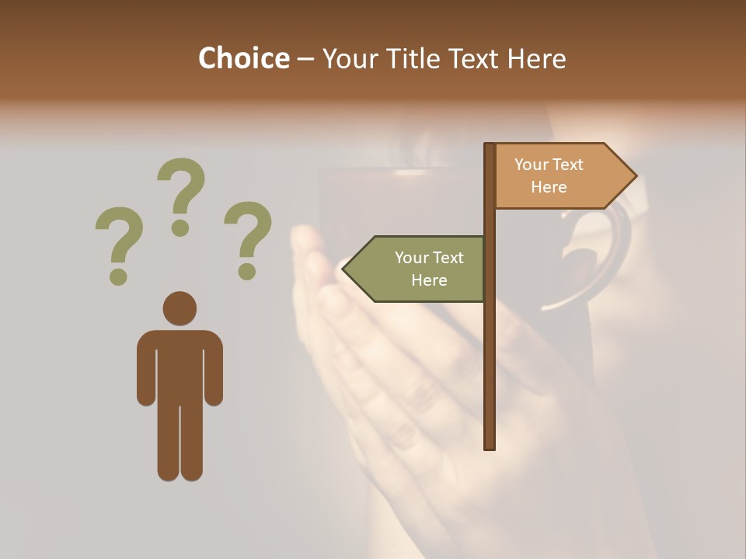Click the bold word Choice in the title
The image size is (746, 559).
click(x=243, y=58)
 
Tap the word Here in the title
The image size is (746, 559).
click(x=536, y=58)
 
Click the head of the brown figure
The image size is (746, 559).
click(x=180, y=308)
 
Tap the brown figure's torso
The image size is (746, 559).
click(x=180, y=365)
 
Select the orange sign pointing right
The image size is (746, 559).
click(x=556, y=176)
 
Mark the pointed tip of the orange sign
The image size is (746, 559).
click(x=635, y=176)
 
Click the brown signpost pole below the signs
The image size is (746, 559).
click(x=490, y=373)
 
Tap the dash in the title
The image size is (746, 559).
click(x=305, y=58)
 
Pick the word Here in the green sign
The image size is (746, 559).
click(x=429, y=280)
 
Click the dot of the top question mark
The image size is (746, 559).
click(x=181, y=227)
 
